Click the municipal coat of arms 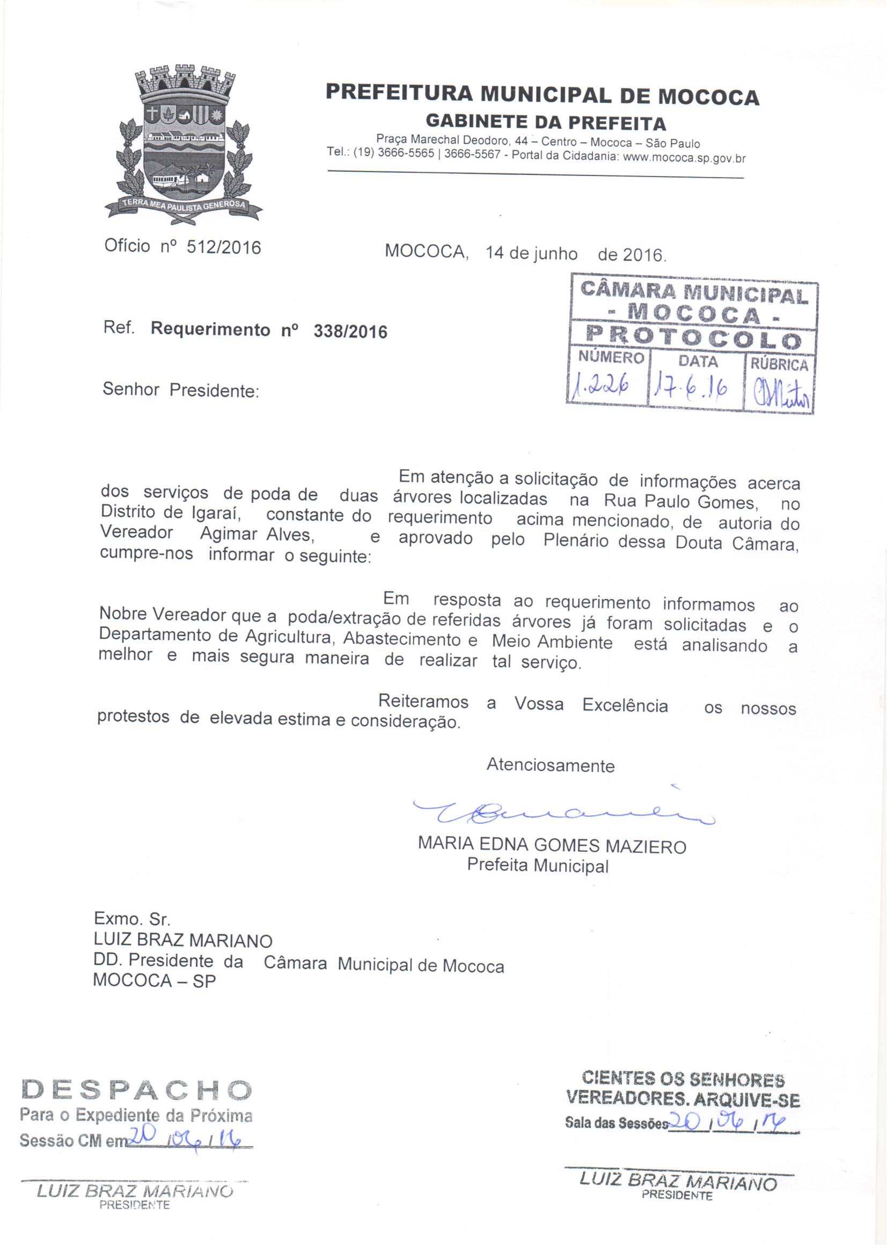(184, 143)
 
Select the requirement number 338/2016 (350, 331)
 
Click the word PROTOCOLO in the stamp (693, 338)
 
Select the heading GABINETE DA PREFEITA (545, 122)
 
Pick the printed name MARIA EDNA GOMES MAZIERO (552, 846)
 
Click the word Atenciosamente (551, 765)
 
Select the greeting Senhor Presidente (181, 390)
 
